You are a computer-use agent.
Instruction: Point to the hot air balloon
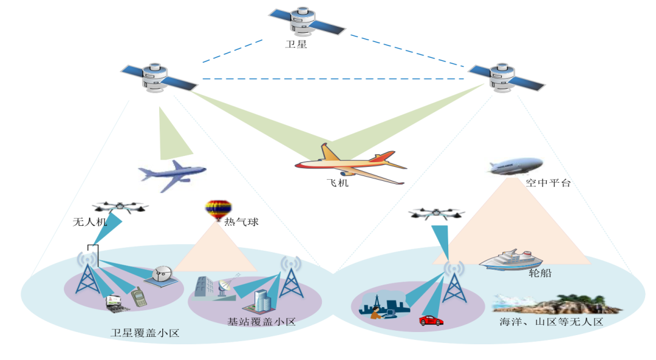[218, 211]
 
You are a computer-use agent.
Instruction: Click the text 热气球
[242, 222]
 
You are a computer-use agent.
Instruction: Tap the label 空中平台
[548, 183]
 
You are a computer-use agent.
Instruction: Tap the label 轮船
[540, 274]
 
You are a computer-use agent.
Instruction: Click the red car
[431, 320]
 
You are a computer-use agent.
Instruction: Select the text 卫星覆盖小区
[145, 333]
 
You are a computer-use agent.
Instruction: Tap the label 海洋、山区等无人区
[550, 322]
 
